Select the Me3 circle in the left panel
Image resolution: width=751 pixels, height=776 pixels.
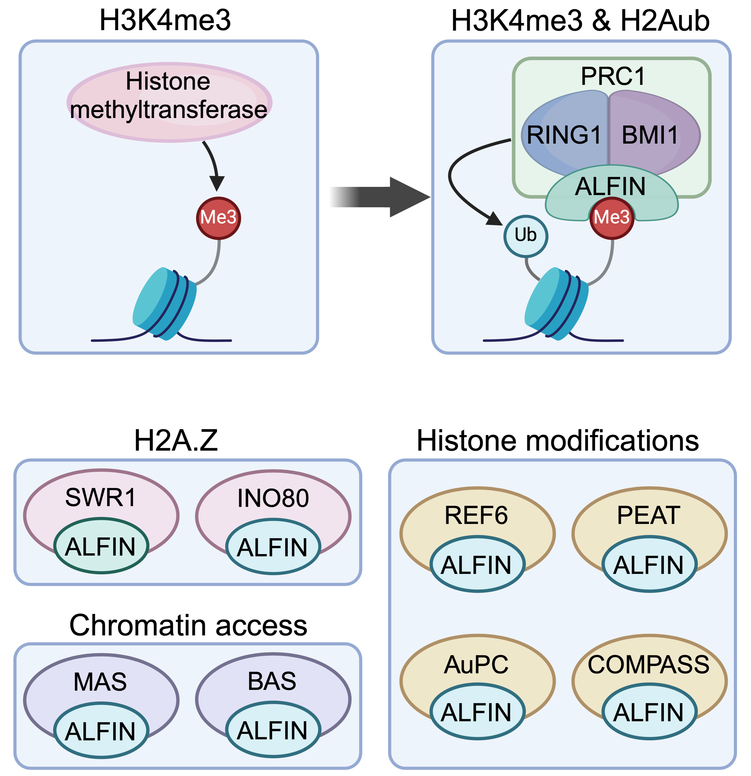click(x=218, y=218)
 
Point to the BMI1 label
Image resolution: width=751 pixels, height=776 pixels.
click(x=650, y=135)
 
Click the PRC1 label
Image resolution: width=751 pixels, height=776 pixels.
click(x=612, y=76)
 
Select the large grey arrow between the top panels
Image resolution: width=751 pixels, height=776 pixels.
click(x=380, y=197)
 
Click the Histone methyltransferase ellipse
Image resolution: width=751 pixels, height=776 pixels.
click(x=169, y=102)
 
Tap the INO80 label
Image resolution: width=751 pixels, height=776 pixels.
click(x=273, y=498)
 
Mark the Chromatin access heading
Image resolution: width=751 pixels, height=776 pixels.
click(x=188, y=626)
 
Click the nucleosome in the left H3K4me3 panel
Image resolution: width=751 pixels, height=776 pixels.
click(x=164, y=303)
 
